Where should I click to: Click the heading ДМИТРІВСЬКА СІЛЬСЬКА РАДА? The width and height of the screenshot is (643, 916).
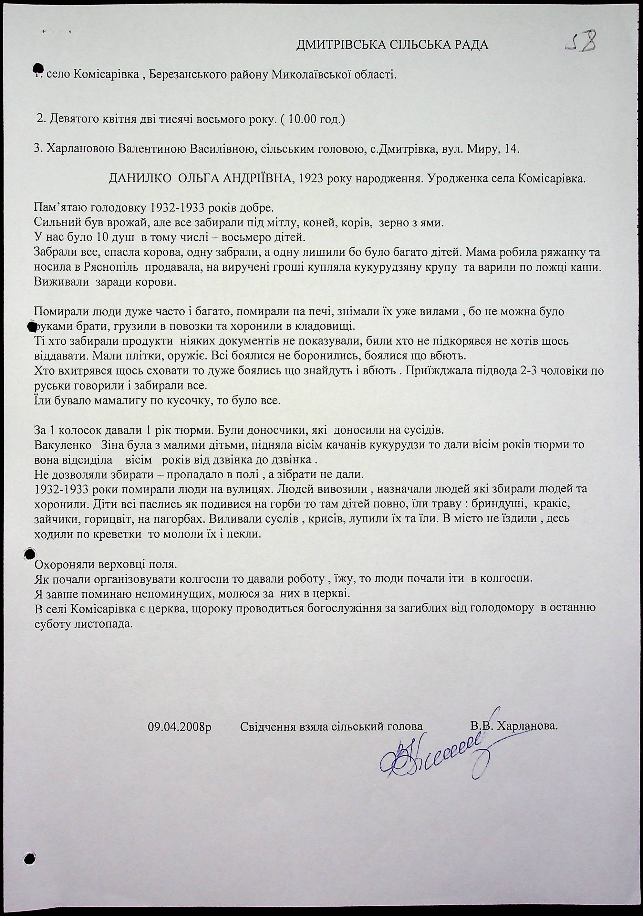coord(392,45)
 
